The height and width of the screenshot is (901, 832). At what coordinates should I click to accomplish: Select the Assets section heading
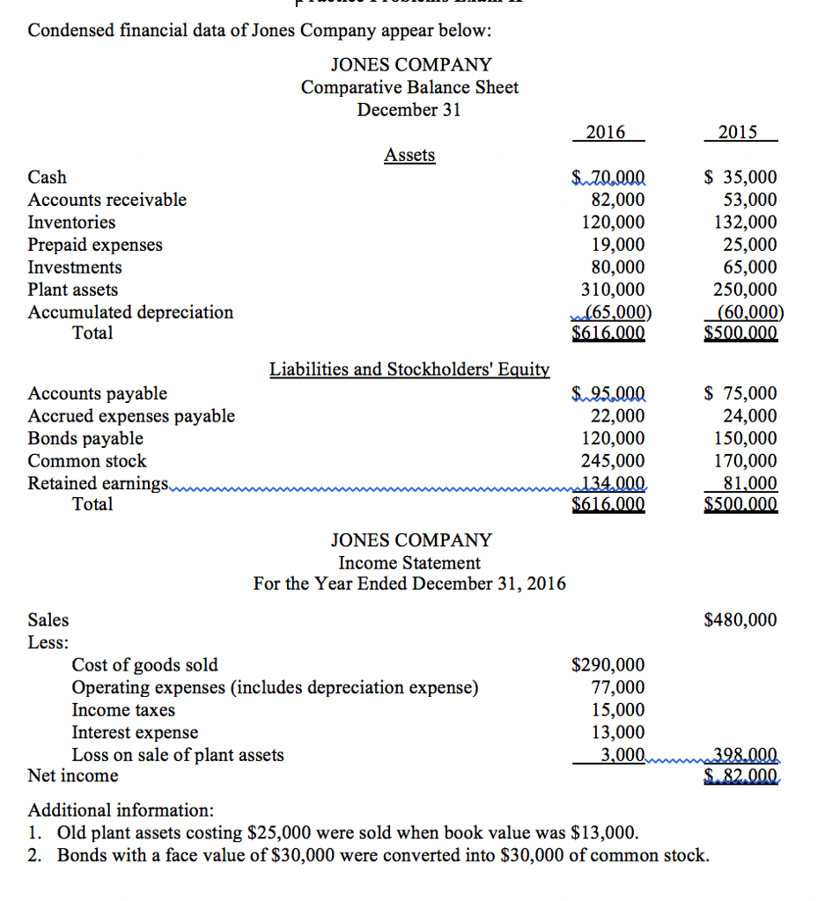click(x=409, y=155)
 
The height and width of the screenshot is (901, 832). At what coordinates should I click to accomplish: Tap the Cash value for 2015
click(x=742, y=177)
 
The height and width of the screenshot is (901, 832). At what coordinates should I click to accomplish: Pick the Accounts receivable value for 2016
click(x=614, y=200)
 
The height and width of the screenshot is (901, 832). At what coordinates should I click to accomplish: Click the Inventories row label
click(x=71, y=222)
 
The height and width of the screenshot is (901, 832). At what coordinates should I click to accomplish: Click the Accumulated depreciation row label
click(x=130, y=311)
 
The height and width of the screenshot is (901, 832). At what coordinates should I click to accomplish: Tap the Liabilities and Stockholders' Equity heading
click(x=409, y=369)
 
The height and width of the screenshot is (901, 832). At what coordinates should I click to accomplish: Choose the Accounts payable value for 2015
click(x=742, y=393)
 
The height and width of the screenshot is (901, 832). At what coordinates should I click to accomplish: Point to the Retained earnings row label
click(x=98, y=483)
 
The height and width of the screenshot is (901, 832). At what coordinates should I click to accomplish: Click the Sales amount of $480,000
click(x=740, y=620)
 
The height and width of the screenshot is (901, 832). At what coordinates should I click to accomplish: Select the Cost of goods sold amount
click(x=608, y=664)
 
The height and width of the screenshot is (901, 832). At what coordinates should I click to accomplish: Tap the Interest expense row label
click(x=135, y=732)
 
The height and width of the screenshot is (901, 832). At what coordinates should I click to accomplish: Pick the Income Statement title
click(x=409, y=562)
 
